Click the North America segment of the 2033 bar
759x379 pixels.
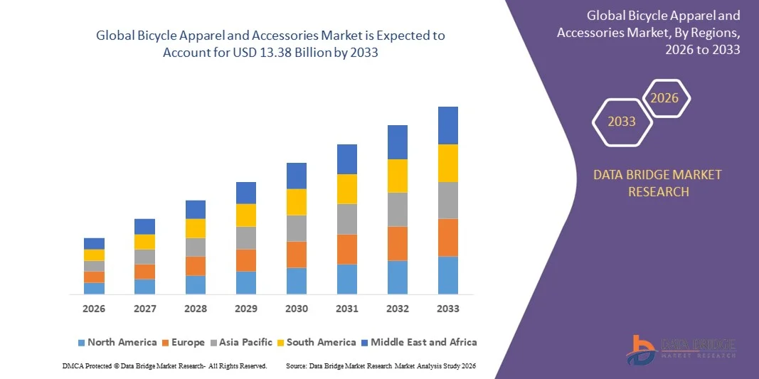448,275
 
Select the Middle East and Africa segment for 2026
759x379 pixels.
94,243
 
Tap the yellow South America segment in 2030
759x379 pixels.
297,202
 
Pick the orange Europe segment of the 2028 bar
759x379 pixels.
196,266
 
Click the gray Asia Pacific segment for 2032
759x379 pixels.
398,209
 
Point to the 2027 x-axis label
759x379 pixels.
144,309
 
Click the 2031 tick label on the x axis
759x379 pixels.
347,309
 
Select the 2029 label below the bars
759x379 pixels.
246,309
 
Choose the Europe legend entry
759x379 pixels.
182,342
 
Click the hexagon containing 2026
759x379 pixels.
665,98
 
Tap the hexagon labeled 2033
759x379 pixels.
621,122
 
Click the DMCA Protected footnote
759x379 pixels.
164,365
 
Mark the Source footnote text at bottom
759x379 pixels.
380,365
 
